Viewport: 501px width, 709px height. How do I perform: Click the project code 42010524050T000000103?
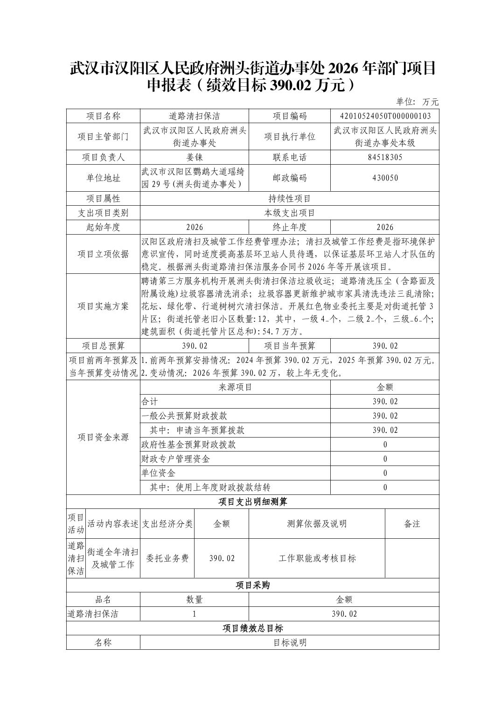384,116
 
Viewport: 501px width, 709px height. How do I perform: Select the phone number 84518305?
384,157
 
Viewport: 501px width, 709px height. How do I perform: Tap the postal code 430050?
384,178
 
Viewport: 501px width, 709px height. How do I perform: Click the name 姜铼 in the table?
195,157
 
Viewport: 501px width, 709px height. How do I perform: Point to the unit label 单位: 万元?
417,102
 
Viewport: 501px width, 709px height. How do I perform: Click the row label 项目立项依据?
103,254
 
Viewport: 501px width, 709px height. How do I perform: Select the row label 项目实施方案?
103,306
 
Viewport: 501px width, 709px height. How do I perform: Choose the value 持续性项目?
289,199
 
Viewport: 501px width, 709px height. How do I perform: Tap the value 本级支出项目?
289,213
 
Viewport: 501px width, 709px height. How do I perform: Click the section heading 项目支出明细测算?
252,502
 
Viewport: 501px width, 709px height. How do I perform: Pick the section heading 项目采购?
252,585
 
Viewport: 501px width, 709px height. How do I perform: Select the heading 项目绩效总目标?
252,628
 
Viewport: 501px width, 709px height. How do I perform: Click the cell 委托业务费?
167,558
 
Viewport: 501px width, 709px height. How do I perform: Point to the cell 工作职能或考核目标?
317,558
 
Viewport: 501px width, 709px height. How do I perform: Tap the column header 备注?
412,524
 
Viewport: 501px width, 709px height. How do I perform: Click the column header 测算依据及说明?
317,524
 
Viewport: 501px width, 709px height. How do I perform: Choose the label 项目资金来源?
103,438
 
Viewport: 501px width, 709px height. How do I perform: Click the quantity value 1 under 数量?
195,614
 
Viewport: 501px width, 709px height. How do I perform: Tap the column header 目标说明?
289,643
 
